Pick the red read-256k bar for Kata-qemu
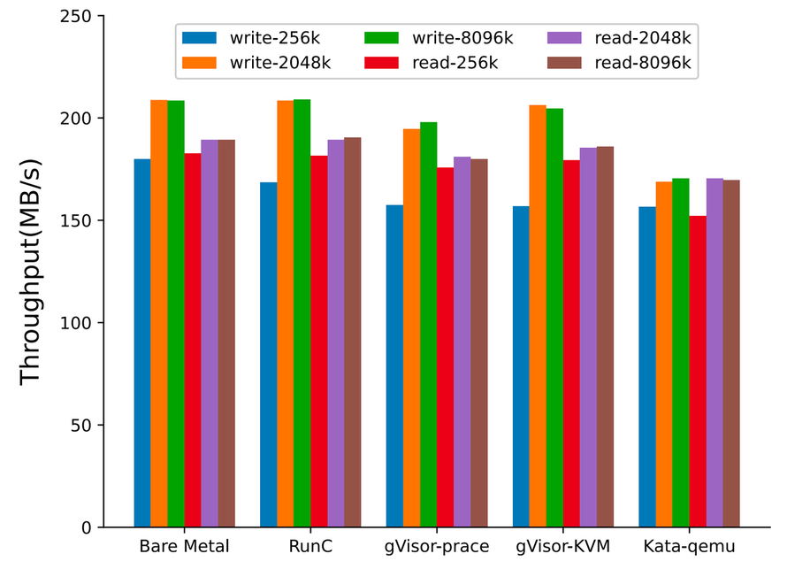click(697, 372)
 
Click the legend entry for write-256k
click(257, 38)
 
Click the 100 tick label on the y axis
click(78, 323)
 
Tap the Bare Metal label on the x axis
click(184, 547)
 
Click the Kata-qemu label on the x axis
click(688, 547)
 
